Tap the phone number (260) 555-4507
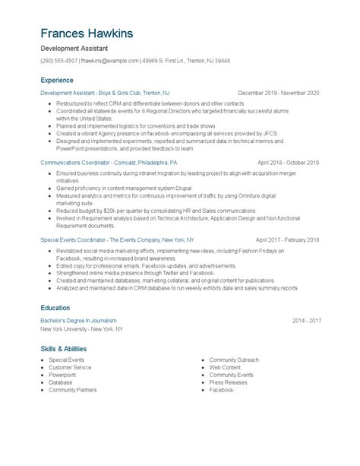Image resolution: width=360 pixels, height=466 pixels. (x=58, y=61)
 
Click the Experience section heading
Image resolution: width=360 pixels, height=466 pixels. (x=57, y=80)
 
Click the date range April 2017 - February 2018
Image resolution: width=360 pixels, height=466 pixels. (x=287, y=239)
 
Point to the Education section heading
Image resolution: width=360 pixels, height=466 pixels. (x=55, y=307)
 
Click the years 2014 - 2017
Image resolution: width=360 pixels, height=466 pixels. (x=306, y=321)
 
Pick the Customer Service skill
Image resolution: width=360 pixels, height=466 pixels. (x=70, y=367)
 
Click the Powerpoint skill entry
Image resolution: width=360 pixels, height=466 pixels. (x=62, y=375)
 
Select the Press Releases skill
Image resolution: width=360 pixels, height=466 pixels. (x=228, y=382)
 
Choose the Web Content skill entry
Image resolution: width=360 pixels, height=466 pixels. (x=225, y=367)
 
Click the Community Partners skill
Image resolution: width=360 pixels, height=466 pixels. (x=73, y=390)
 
